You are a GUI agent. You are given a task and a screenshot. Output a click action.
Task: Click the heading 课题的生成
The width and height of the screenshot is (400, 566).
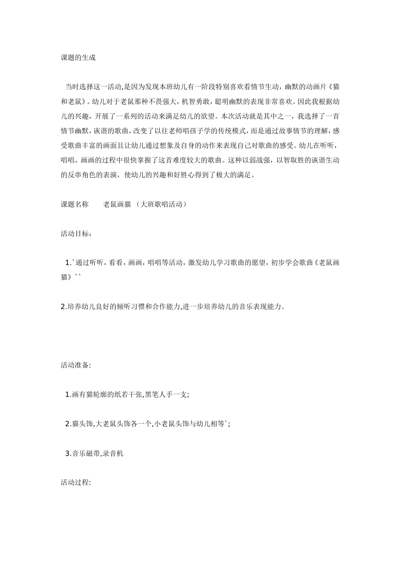click(x=78, y=58)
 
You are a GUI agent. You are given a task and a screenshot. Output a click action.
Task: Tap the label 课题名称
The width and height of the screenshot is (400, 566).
click(x=75, y=204)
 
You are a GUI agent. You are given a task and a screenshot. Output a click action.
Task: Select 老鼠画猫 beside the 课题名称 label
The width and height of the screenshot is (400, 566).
click(x=117, y=204)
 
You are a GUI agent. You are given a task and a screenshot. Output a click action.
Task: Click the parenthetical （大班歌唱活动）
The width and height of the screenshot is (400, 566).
click(x=161, y=204)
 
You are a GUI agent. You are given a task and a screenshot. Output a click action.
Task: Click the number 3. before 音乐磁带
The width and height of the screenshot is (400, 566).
click(x=68, y=453)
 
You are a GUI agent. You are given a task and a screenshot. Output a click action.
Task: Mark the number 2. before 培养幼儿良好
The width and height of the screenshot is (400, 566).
click(x=64, y=307)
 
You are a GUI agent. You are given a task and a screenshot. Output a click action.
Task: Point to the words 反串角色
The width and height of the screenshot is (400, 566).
click(x=82, y=175)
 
